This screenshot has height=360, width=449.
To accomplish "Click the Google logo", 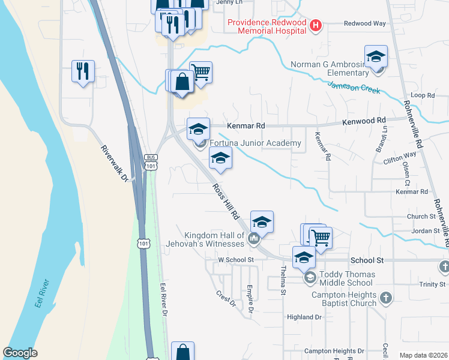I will (x=20, y=353).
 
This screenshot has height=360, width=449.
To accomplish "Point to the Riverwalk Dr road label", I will (x=115, y=164).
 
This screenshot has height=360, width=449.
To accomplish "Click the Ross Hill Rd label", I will (x=226, y=201).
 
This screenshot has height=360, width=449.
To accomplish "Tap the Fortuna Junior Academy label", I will (x=255, y=143).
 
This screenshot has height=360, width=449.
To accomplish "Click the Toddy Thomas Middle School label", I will (x=348, y=278).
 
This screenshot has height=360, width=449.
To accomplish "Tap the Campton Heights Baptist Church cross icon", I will (x=385, y=297).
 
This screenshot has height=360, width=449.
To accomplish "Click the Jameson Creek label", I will (x=354, y=88).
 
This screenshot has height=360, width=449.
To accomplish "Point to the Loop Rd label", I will (x=422, y=95).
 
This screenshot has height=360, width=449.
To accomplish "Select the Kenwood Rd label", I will (x=364, y=121).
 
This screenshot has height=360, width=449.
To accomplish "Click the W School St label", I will (x=237, y=260).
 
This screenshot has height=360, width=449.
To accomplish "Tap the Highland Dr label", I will (x=305, y=317).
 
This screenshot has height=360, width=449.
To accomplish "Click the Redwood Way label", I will (x=364, y=23).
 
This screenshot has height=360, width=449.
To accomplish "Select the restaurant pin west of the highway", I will (x=82, y=71).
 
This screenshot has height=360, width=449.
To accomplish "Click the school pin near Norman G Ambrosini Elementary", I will (x=376, y=58).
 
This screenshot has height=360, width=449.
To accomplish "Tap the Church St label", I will (x=421, y=217).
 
